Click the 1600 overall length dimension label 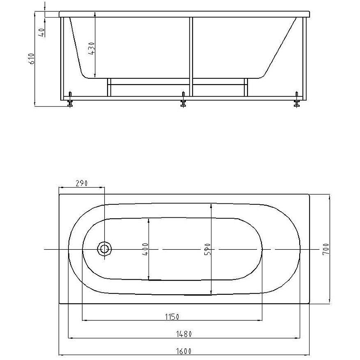[x=184, y=351]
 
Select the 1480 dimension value [x=184, y=333]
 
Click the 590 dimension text [x=207, y=249]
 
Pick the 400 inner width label [x=145, y=249]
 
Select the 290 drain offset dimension [x=81, y=183]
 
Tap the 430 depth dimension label [x=91, y=47]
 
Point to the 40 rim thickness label [x=41, y=32]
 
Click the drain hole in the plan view [x=105, y=249]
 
